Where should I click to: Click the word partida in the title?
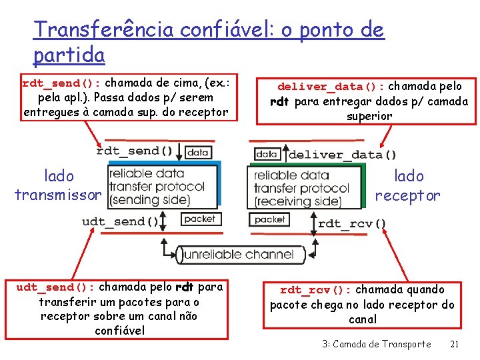[x=69, y=55]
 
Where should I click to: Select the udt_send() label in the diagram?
[x=120, y=221]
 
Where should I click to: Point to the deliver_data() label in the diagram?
[x=342, y=155]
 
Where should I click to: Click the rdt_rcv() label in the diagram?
[x=352, y=224]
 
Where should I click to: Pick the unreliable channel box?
[x=237, y=254]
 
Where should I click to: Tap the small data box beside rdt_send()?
[x=198, y=152]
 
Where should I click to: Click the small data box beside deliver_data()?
[x=267, y=154]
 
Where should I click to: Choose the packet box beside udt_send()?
[x=199, y=219]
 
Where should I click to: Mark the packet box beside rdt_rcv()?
[x=269, y=219]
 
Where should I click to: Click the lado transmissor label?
[x=59, y=185]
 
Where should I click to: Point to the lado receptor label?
[x=408, y=185]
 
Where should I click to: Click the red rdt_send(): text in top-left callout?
[x=61, y=84]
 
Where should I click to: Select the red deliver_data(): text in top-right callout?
[x=331, y=87]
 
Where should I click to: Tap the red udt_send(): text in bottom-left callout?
[x=57, y=287]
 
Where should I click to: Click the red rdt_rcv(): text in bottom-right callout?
[x=315, y=290]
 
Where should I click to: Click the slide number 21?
[x=454, y=344]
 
